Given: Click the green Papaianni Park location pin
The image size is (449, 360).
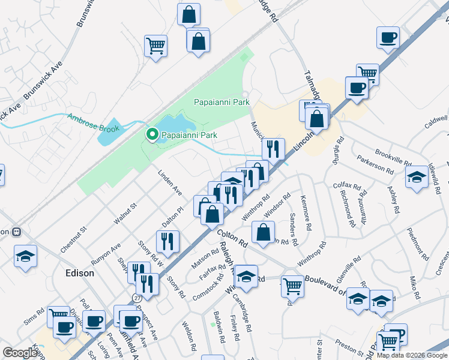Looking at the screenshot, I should coord(152,135).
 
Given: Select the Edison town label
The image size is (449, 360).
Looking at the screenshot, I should coord(80,273).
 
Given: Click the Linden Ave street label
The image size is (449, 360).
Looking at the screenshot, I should coord(170,182).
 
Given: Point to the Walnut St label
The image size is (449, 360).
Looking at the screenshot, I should coord(125,214).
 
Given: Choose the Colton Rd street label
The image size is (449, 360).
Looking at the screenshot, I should coord(232,238).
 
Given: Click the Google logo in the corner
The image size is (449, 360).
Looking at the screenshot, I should coord(20,353).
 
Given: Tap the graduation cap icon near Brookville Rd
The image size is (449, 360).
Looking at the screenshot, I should coord(416,178).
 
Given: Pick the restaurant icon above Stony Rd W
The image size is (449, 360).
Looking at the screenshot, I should coord(167,241).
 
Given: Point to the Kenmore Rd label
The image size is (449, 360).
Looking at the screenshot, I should coord(306,213).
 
